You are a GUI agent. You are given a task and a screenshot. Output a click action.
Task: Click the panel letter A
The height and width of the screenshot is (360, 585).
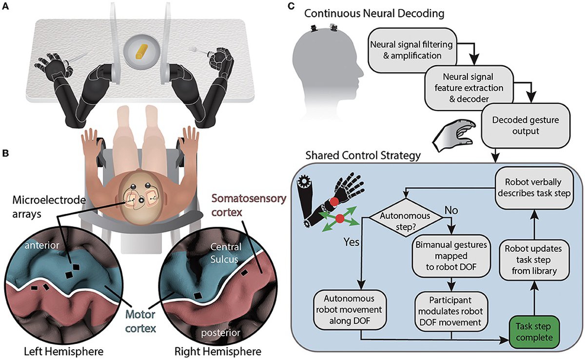pos(5,6)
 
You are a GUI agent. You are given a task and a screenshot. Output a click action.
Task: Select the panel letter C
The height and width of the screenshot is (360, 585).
pos(291,6)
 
